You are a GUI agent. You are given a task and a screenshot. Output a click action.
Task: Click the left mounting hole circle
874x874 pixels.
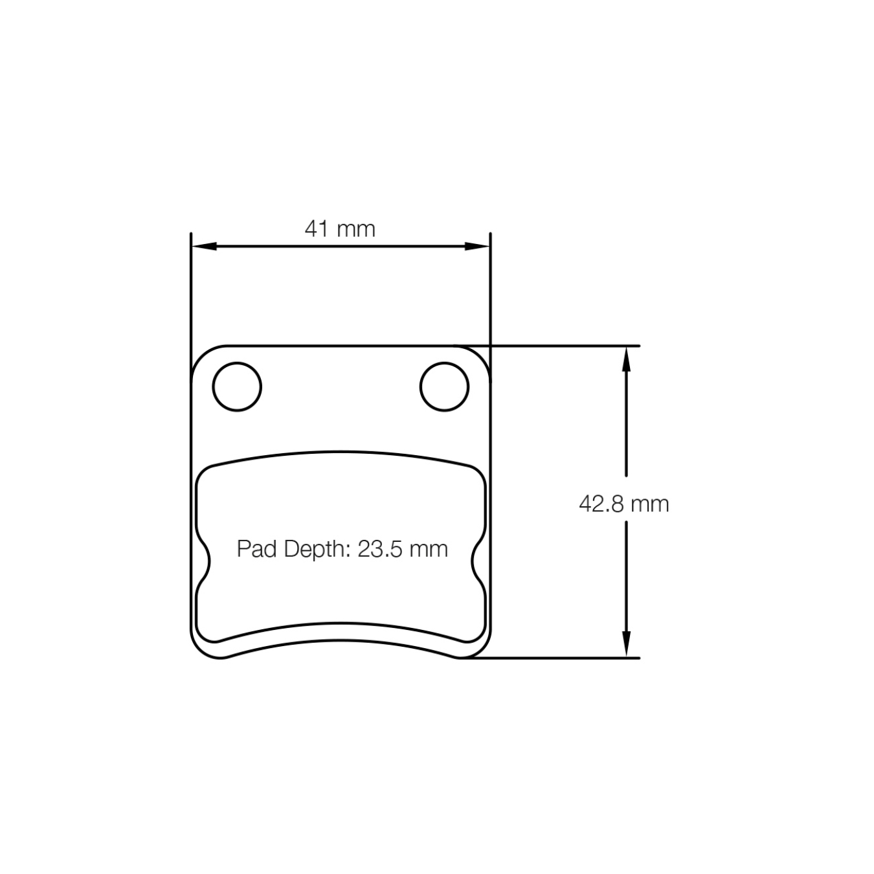tap(237, 387)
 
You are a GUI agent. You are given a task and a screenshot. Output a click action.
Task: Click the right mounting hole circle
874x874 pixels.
tap(444, 387)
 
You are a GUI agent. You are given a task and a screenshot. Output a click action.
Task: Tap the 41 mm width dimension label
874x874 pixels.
tap(340, 229)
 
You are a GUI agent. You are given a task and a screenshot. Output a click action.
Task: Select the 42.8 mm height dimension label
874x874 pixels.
tap(624, 503)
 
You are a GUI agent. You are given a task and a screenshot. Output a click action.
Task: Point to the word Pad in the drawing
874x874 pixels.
tap(257, 549)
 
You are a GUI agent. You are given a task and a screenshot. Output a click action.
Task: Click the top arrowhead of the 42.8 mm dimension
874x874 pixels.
tap(626, 359)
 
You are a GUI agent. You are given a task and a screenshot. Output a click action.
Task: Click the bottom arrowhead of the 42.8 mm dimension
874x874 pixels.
tap(626, 645)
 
